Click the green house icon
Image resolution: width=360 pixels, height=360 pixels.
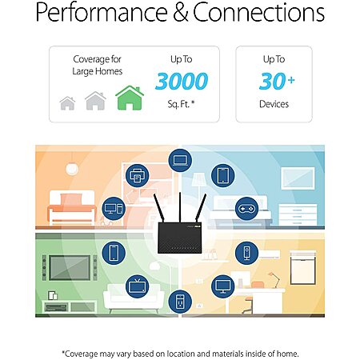[x=130, y=98]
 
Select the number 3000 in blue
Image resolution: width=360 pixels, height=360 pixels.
[x=182, y=81]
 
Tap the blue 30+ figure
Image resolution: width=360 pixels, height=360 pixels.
[x=277, y=81]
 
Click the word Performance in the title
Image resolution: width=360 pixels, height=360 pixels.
[x=102, y=13]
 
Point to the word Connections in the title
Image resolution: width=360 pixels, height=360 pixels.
[x=258, y=12]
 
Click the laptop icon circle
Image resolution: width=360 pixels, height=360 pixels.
[x=180, y=161]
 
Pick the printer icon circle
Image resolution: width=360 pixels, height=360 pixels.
[x=137, y=175]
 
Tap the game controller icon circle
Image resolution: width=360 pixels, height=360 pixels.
[x=246, y=209]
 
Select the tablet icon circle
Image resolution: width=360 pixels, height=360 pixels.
[x=222, y=175]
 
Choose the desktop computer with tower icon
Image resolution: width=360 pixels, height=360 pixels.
[x=114, y=209]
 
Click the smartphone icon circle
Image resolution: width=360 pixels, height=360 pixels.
[x=114, y=253]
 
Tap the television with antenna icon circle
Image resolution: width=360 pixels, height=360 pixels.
[x=137, y=286]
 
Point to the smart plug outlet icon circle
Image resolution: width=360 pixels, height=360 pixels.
[x=180, y=302]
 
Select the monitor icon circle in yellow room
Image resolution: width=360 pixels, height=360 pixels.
[x=222, y=286]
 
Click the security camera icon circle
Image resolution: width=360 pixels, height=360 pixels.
[x=246, y=253]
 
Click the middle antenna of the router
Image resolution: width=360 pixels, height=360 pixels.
[x=180, y=207]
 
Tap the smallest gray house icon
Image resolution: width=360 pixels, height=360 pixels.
[x=67, y=103]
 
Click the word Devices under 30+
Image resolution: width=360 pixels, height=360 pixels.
[x=274, y=104]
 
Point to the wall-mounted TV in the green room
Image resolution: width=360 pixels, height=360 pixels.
[x=70, y=268]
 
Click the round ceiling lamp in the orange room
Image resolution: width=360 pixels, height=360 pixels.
[x=72, y=169]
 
